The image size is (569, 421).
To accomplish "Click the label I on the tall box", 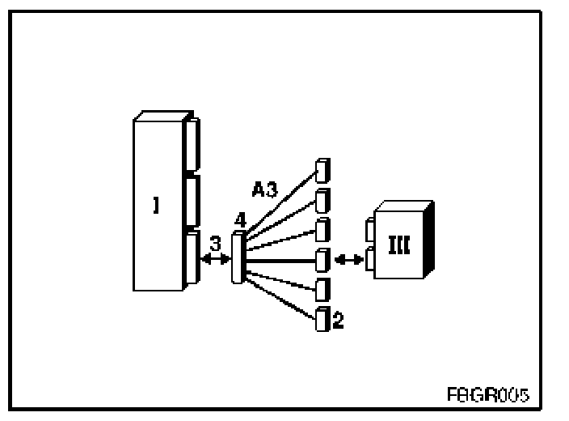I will [155, 206].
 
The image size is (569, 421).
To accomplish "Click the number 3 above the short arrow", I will [214, 242].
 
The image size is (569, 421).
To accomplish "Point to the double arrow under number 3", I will [215, 259].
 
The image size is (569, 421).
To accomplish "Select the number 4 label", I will [239, 220].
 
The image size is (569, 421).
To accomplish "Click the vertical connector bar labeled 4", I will [238, 258].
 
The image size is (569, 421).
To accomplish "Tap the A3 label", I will [265, 191].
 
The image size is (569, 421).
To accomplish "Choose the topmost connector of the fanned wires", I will [323, 170].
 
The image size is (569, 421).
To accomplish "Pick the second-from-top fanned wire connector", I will [322, 199].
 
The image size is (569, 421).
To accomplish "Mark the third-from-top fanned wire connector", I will [322, 229].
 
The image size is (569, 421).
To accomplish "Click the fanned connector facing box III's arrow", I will [322, 259].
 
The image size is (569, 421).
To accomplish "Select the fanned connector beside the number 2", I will [322, 319].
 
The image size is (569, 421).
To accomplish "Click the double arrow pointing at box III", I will [348, 259].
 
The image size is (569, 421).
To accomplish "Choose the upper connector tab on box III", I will [370, 232].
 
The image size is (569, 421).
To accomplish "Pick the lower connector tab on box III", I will [370, 259].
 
